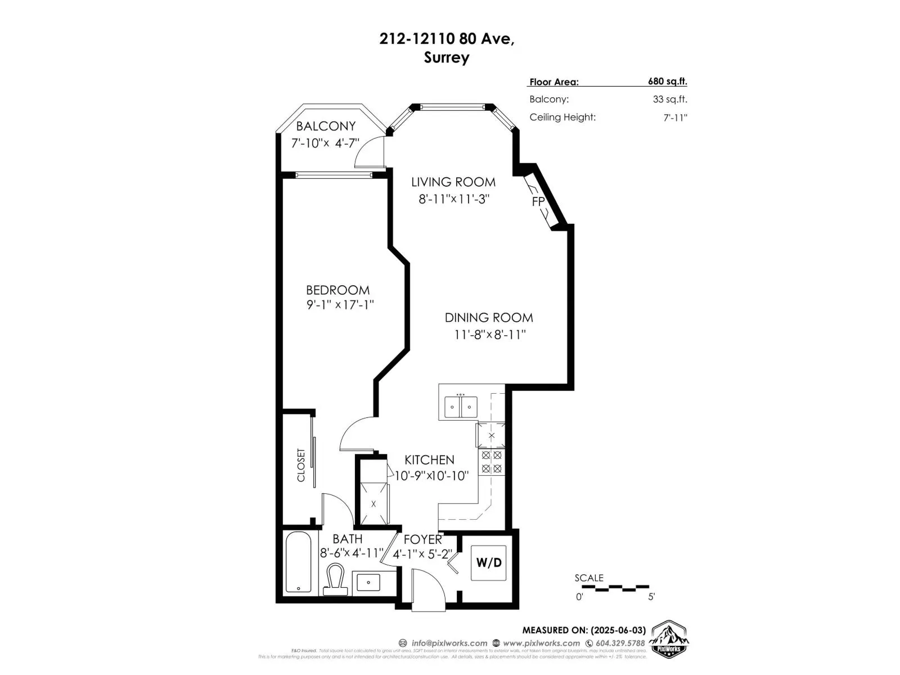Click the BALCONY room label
pyautogui.click(x=326, y=126)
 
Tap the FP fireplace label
pyautogui.click(x=538, y=201)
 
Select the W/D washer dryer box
pyautogui.click(x=489, y=562)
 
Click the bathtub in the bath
pyautogui.click(x=298, y=562)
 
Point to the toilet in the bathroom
pyautogui.click(x=336, y=579)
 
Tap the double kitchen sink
pyautogui.click(x=461, y=407)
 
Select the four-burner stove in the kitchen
pyautogui.click(x=492, y=462)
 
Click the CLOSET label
pyautogui.click(x=301, y=465)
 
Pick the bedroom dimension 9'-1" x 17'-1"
pyautogui.click(x=340, y=305)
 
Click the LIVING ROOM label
pyautogui.click(x=453, y=182)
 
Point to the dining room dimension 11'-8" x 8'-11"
pyautogui.click(x=489, y=335)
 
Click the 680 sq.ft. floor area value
pyautogui.click(x=667, y=81)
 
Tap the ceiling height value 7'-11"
pyautogui.click(x=675, y=118)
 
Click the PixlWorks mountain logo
pyautogui.click(x=669, y=640)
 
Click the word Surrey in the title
pyautogui.click(x=447, y=57)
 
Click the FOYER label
pyautogui.click(x=422, y=539)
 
